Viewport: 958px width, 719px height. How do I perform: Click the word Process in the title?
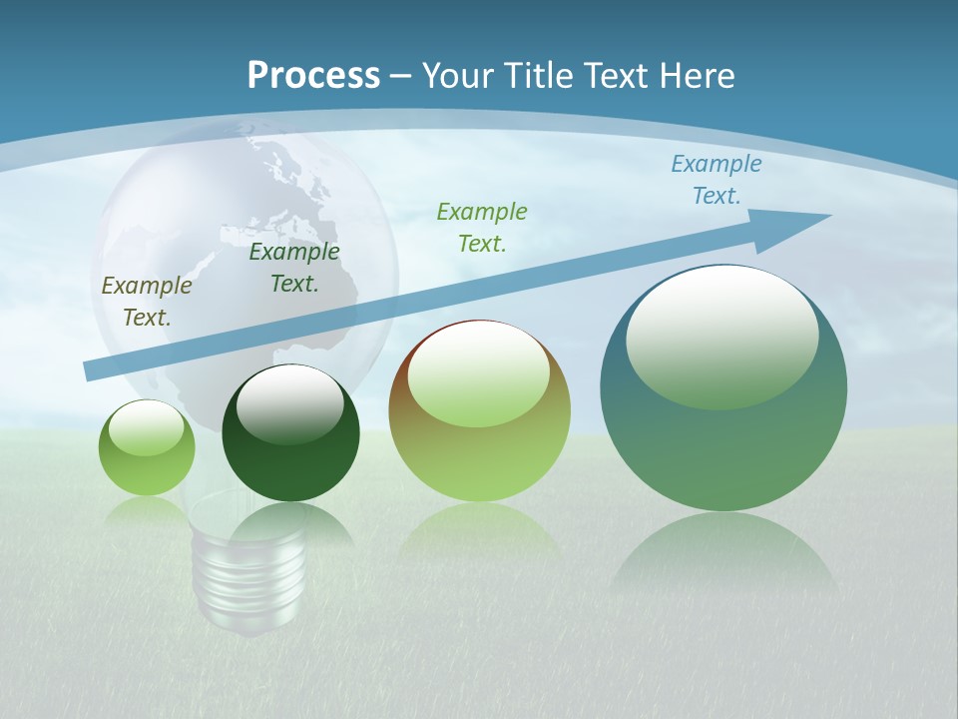tap(313, 76)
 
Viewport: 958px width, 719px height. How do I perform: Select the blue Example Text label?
tap(716, 180)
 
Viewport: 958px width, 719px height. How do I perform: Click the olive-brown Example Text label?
tap(147, 302)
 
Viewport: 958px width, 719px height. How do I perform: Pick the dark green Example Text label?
tap(294, 268)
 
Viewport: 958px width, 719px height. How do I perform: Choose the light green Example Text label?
tap(482, 227)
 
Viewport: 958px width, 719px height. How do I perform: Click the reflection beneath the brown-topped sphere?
tap(480, 530)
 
